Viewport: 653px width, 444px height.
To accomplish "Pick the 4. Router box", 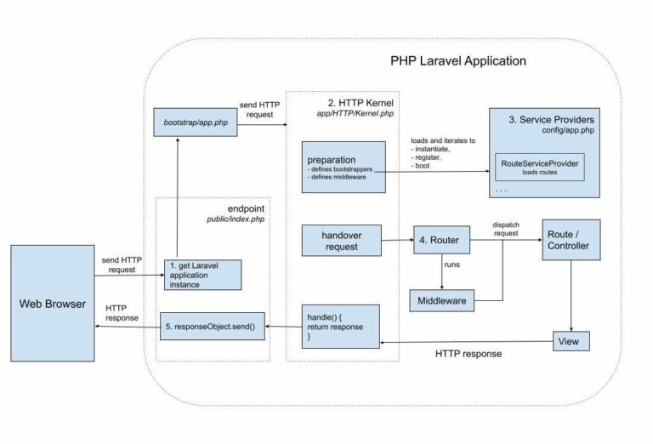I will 441,240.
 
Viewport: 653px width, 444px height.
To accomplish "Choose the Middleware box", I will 441,300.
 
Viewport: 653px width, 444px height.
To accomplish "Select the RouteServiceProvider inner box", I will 541,167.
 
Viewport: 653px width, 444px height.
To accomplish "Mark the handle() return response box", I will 338,325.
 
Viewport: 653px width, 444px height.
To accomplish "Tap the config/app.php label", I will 570,131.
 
